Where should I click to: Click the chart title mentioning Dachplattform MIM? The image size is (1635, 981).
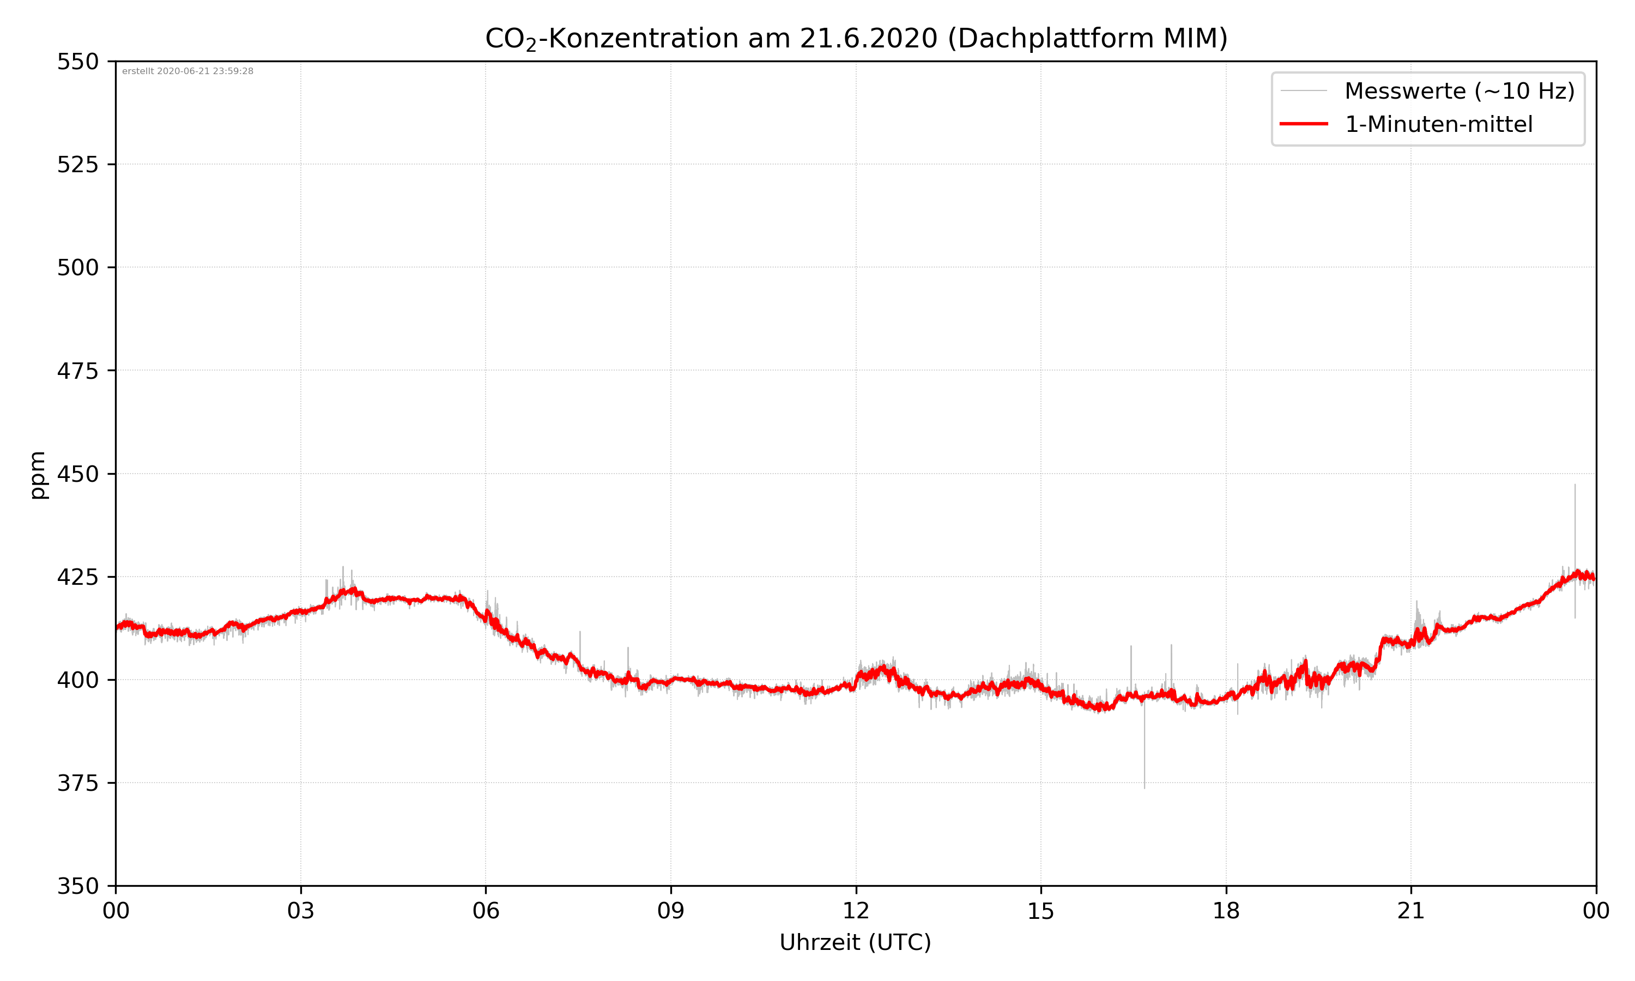pos(856,38)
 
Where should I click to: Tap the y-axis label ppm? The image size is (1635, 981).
pos(38,475)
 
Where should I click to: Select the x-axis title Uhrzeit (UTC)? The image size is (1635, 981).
pos(855,942)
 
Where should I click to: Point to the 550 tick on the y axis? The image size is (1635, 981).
pos(77,62)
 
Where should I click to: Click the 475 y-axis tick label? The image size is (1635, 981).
pos(77,371)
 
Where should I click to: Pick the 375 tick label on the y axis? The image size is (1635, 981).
pos(77,783)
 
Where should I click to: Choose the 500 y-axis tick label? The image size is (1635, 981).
pos(77,268)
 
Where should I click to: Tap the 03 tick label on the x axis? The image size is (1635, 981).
pos(301,911)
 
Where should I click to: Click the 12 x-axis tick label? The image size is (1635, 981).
pos(856,911)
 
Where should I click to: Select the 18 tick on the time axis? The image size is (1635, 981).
pos(1226,911)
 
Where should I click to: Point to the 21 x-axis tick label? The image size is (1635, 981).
pos(1411,911)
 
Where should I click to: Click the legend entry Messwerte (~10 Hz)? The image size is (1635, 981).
pos(1459,91)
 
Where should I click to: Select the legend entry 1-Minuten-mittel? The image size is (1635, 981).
pos(1438,124)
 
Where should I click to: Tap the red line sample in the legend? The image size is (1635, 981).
pos(1303,124)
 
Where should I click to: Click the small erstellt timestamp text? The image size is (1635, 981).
pos(187,71)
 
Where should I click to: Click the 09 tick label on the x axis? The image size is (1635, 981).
pos(671,911)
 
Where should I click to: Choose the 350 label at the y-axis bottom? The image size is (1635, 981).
pos(77,887)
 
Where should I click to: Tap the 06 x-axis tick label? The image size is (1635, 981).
pos(486,911)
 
